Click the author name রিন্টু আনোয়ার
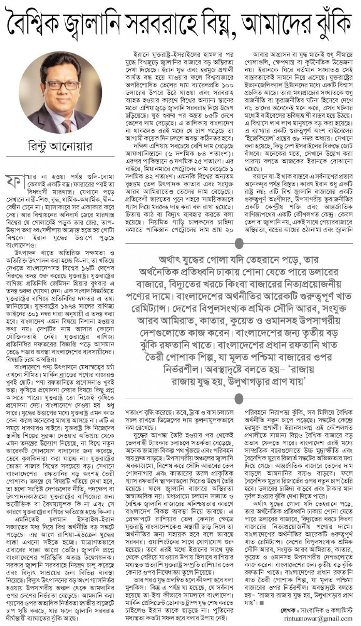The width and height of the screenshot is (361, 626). point(60,147)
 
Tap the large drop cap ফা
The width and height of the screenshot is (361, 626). point(15,180)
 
